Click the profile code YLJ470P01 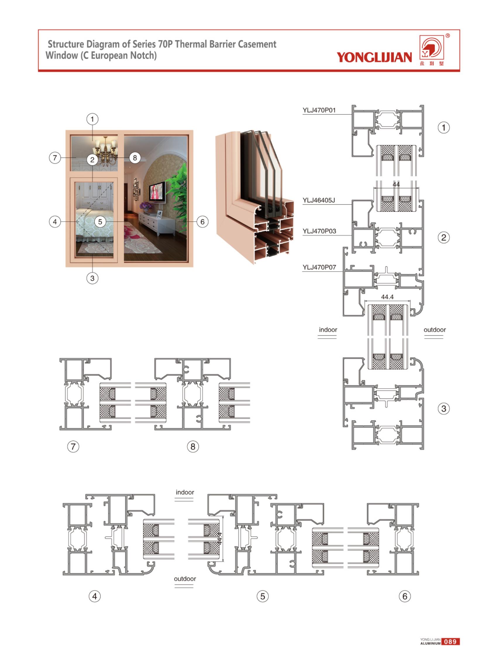point(319,110)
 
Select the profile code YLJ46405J point(319,200)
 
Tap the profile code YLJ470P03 point(319,231)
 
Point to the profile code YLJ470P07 point(319,267)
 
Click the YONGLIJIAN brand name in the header point(374,57)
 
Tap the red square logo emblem point(432,47)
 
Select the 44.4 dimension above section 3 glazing point(387,297)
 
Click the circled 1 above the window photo point(92,119)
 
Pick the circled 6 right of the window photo point(203,222)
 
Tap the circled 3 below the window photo point(92,278)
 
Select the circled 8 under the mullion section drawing point(193,446)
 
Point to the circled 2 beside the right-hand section point(443,237)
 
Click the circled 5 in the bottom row point(263,596)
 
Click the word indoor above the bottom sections point(185,492)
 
